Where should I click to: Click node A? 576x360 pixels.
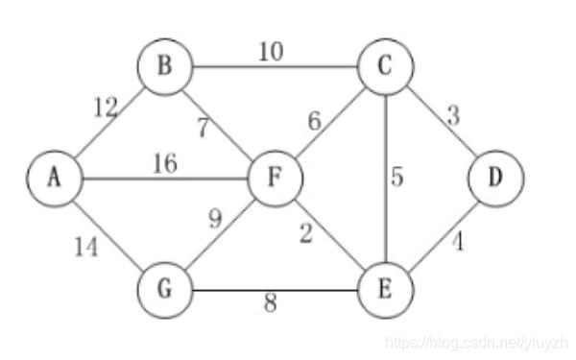point(55,179)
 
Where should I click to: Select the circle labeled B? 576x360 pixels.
point(165,67)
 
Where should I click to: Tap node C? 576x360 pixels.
point(385,67)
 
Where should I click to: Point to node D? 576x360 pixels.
point(495,179)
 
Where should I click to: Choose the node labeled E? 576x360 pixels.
point(385,290)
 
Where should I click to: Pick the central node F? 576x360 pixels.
point(276,179)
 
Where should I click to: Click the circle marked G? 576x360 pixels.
point(165,290)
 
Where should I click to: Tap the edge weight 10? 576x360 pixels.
point(271,52)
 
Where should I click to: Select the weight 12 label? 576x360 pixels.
point(107,108)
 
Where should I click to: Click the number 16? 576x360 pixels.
point(165,163)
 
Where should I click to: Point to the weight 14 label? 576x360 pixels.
point(86,247)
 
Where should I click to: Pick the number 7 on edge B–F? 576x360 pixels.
point(204,128)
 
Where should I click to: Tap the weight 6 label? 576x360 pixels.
point(315,121)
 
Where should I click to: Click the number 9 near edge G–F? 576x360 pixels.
point(216,219)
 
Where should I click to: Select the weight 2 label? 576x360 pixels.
point(306,233)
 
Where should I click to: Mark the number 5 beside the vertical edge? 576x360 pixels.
point(397,177)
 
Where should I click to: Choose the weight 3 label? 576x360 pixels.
point(453,115)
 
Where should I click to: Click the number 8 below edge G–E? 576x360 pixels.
point(271,303)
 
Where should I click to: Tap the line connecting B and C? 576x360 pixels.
point(276,67)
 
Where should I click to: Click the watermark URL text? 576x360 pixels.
point(477,343)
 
